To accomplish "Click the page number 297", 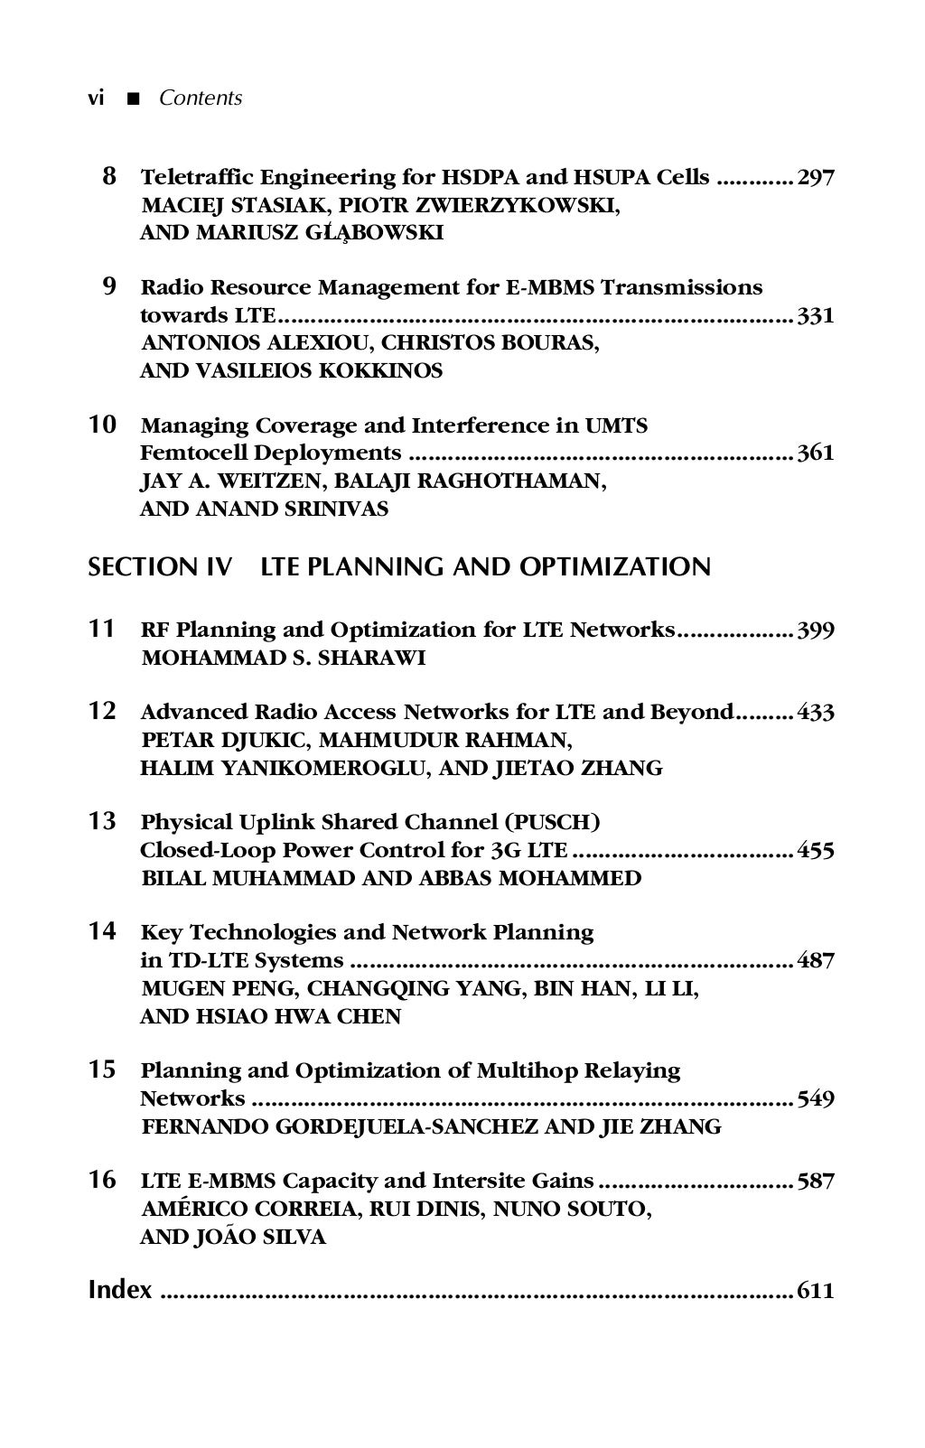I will pos(816,177).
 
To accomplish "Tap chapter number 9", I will pos(108,287).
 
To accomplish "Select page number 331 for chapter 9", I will pos(816,316).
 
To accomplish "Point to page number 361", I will pos(816,453).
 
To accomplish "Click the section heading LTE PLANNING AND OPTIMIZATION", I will pos(485,567).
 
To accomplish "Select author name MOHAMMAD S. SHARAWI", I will pos(284,658).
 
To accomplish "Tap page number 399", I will pos(816,630).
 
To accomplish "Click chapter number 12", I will pos(102,712).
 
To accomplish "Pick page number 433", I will pos(816,713).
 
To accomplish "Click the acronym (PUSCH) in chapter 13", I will pos(553,822).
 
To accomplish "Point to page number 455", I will pos(816,851).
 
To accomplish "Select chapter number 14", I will pos(102,931).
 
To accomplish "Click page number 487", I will pos(816,960).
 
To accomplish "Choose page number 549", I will pos(816,1099).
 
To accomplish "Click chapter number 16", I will pos(102,1180).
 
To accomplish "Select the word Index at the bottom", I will pos(120,1290).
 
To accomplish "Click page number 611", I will pos(816,1291).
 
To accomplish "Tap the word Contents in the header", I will pos(201,98).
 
